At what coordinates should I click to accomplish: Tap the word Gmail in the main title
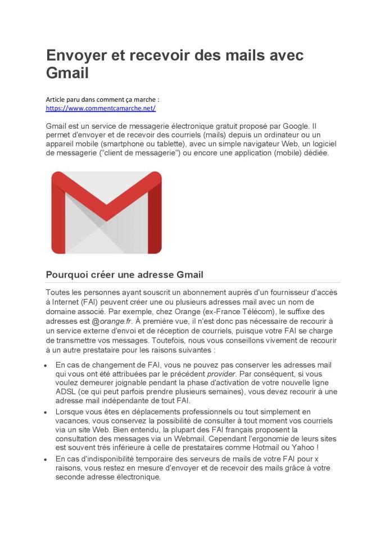click(67, 73)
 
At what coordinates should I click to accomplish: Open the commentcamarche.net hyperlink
click(101, 108)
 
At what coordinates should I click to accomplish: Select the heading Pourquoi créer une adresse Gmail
click(124, 275)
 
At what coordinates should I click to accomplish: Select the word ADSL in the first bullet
click(65, 392)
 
